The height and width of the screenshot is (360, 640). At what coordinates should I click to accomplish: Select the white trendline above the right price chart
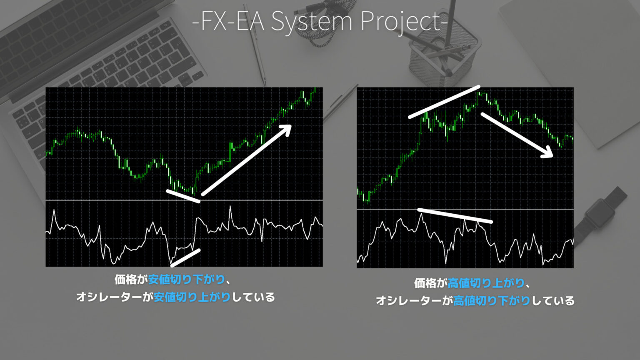444,102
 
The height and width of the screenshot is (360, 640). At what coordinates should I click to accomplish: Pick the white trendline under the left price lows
183,196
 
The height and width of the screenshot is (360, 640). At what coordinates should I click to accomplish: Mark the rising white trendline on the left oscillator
186,257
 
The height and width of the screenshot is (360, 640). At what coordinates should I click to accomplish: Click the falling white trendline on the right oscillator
455,215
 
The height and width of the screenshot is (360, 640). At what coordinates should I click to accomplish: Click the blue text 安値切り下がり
186,280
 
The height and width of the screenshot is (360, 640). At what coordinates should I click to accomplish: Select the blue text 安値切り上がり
192,297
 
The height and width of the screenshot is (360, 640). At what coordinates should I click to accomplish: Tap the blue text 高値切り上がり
486,283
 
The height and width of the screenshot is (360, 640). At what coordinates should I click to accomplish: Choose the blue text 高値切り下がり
492,301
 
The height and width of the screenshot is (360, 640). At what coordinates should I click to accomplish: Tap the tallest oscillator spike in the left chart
230,207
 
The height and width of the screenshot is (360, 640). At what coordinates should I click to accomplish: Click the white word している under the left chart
253,297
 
